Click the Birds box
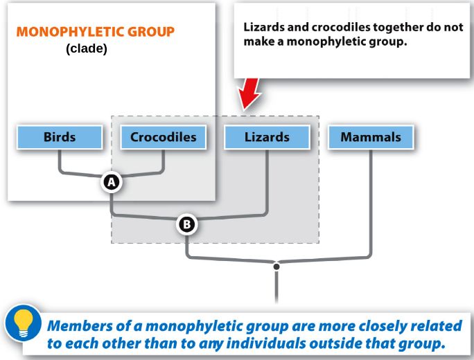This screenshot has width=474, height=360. point(60,137)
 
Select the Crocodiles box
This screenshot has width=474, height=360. point(164,137)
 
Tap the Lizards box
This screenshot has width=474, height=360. point(267,137)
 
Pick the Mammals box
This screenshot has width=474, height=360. point(371,137)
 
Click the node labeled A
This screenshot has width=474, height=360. point(112,182)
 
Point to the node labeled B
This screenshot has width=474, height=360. point(187,224)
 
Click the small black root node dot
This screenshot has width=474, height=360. point(276,267)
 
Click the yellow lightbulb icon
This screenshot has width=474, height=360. point(24,323)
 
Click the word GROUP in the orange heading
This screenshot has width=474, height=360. point(151,32)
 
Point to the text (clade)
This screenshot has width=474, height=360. point(87,48)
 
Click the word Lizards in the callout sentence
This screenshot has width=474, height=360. point(264,27)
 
